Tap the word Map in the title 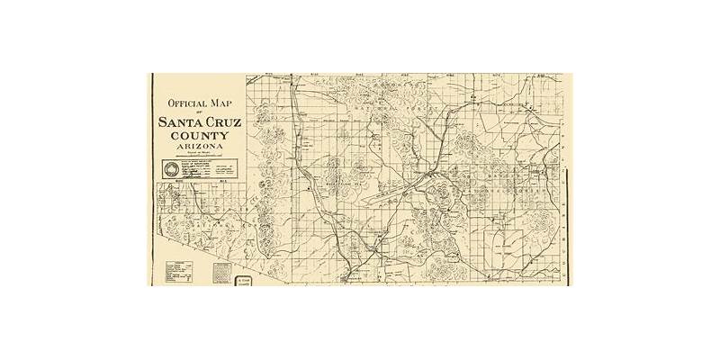click(x=223, y=103)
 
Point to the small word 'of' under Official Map click(x=201, y=113)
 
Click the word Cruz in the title click(x=221, y=123)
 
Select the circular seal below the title click(x=171, y=168)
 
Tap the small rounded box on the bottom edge click(x=243, y=281)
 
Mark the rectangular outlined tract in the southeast click(x=505, y=240)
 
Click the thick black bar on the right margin click(x=564, y=180)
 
